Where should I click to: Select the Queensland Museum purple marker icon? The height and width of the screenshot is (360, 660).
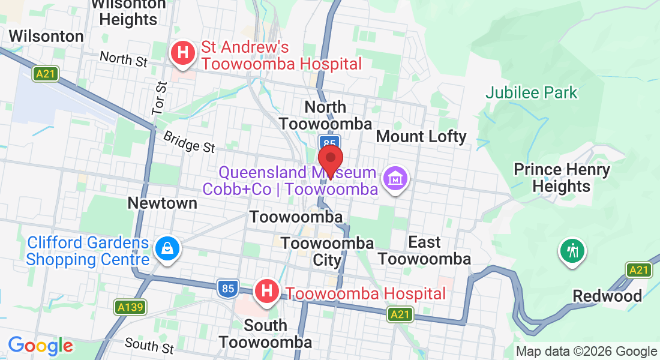click(x=396, y=178)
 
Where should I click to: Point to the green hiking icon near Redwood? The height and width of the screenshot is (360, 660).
click(x=572, y=250)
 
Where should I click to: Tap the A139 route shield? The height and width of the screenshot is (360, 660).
click(x=129, y=308)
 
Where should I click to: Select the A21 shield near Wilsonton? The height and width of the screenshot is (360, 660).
click(x=46, y=73)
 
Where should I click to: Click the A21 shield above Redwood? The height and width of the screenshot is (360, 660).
click(x=639, y=270)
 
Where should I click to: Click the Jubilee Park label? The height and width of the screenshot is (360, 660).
click(x=531, y=92)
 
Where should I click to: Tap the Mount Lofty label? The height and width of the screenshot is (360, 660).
click(x=421, y=136)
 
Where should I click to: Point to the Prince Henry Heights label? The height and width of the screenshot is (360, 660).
click(x=562, y=178)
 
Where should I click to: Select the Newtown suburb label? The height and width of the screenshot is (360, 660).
click(x=162, y=203)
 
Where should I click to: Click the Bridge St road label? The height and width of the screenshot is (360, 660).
click(x=188, y=142)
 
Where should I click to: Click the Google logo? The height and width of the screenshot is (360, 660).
click(x=40, y=346)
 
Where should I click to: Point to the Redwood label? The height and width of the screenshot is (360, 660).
click(x=607, y=296)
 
